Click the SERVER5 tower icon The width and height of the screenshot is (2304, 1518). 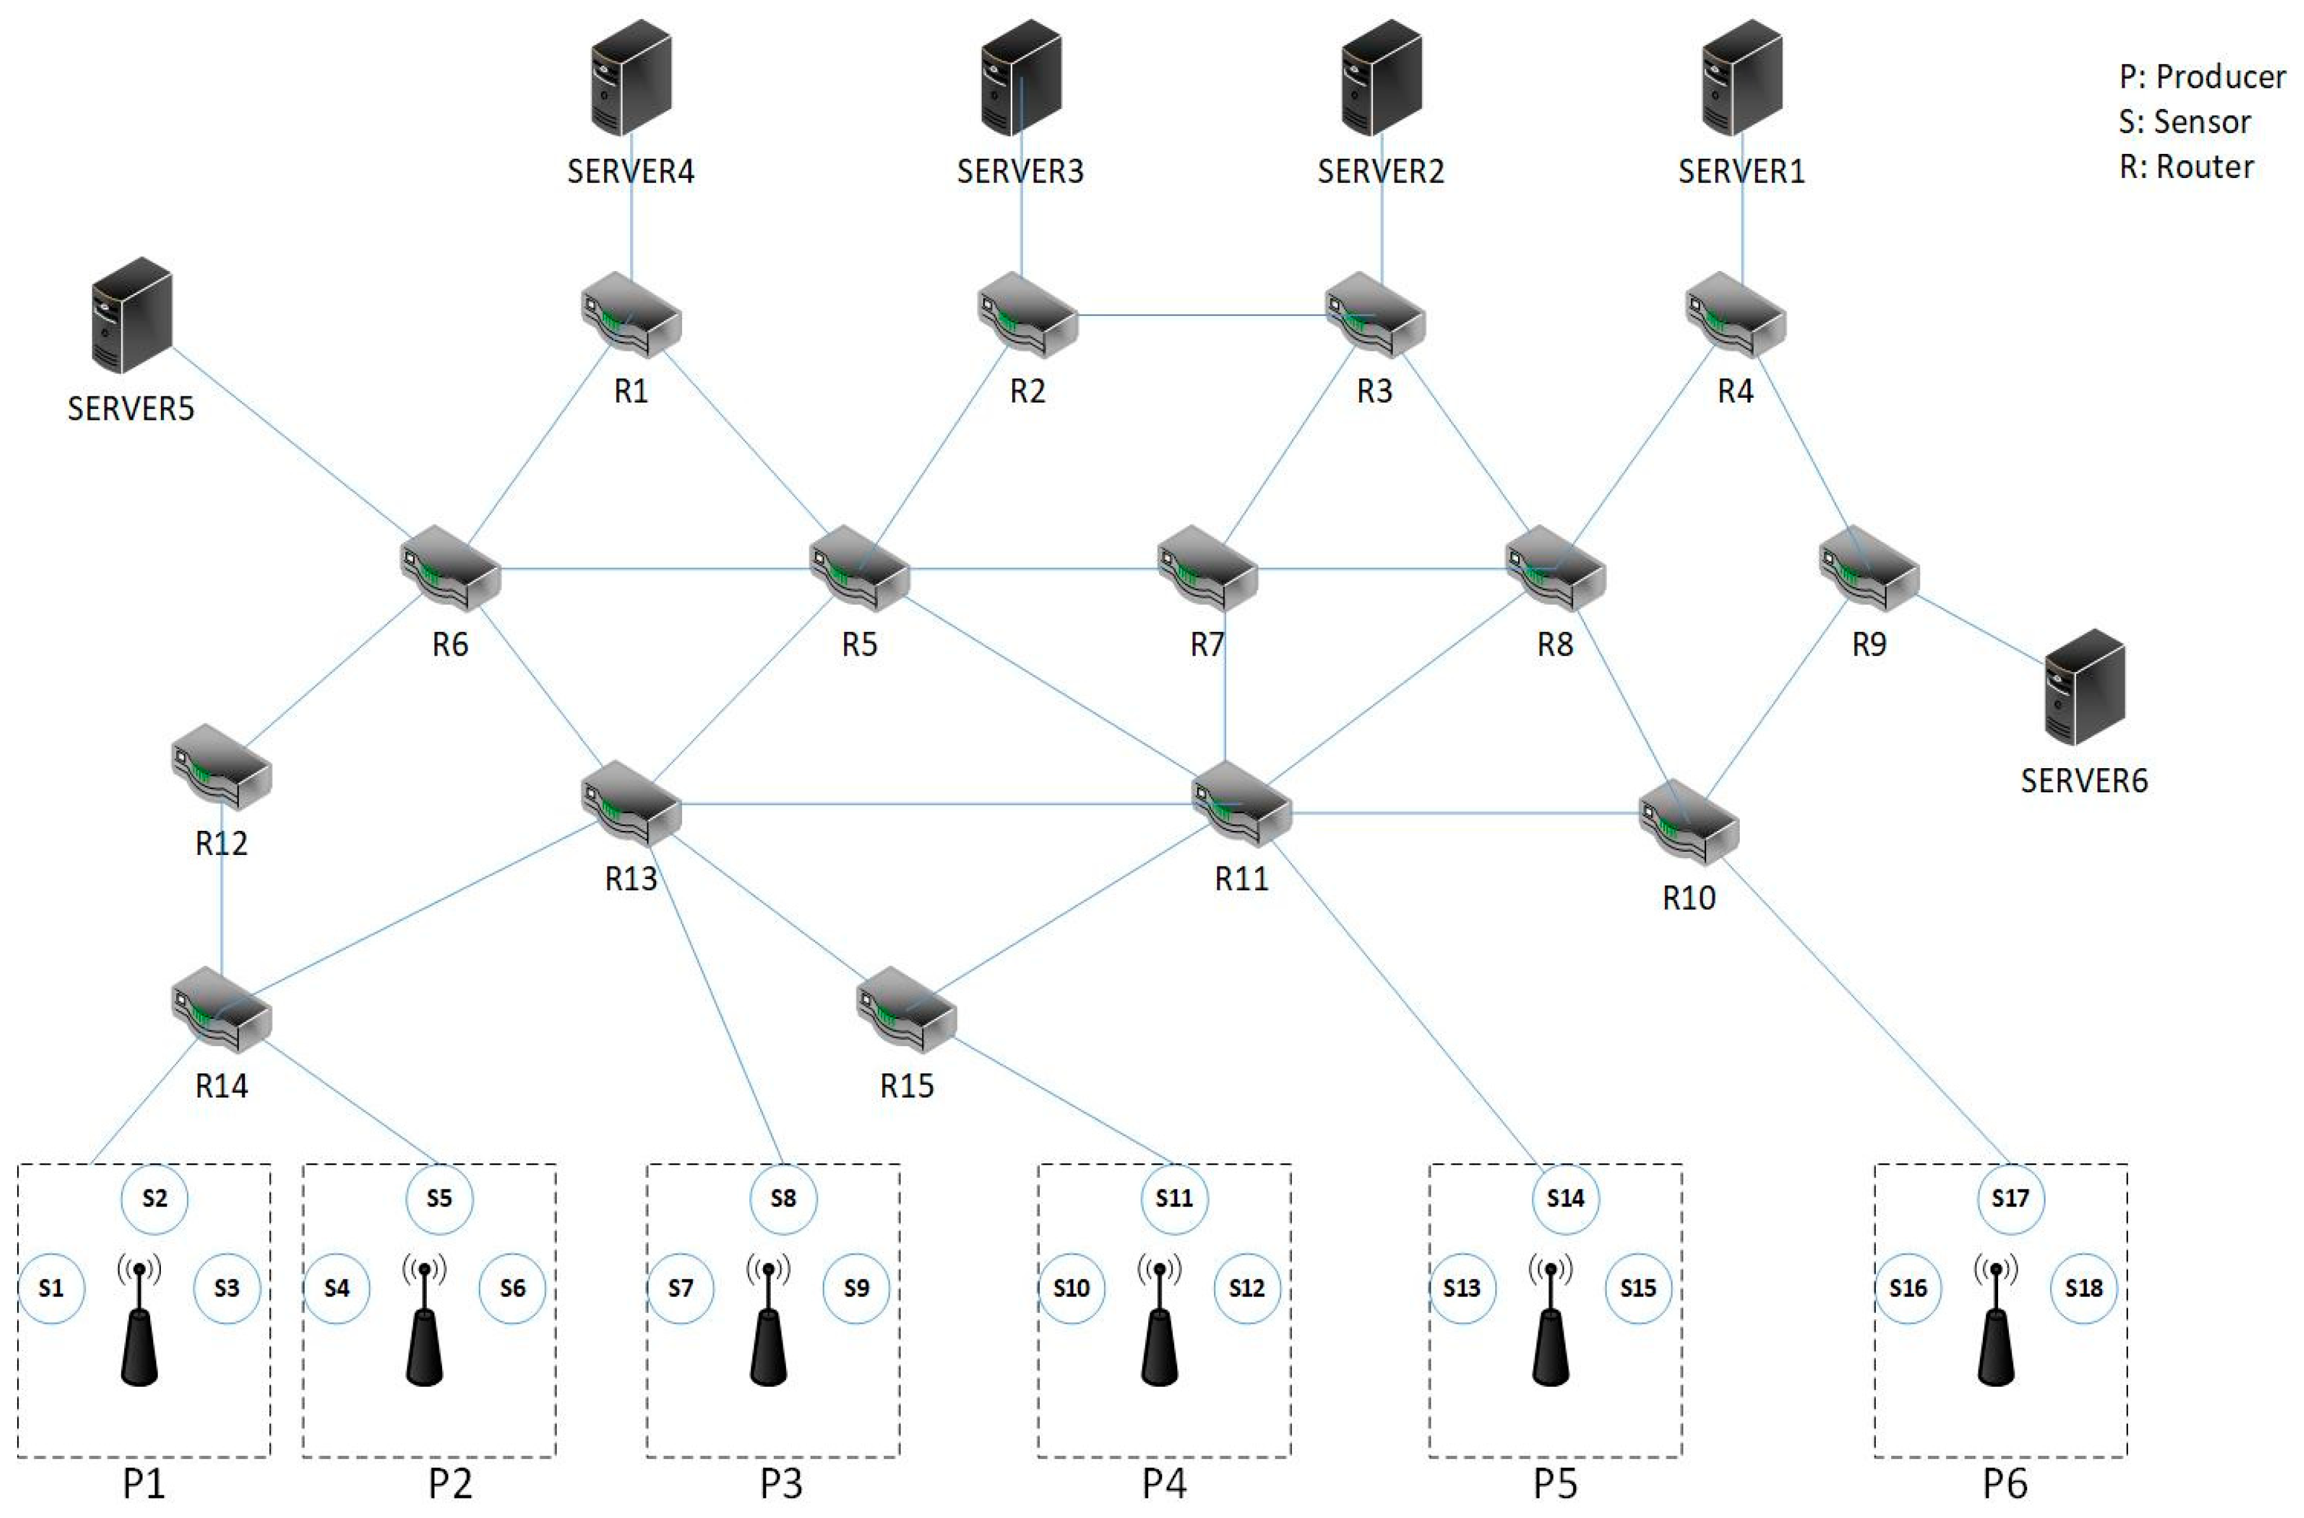(x=132, y=315)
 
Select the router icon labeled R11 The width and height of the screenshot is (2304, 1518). (x=1242, y=804)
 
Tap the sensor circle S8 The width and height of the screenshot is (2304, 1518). (x=783, y=1199)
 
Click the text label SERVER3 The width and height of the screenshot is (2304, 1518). (x=1020, y=172)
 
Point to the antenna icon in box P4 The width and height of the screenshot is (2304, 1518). (x=1160, y=1322)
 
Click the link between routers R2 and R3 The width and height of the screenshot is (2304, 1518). (x=1200, y=315)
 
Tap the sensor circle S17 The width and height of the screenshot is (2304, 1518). (x=2010, y=1199)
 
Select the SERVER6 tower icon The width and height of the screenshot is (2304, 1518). (x=2084, y=687)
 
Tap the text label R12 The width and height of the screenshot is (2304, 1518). (x=222, y=843)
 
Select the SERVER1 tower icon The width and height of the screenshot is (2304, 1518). (x=1742, y=77)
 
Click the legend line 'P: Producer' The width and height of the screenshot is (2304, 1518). (x=2201, y=77)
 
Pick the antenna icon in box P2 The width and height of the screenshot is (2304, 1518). (x=424, y=1322)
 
